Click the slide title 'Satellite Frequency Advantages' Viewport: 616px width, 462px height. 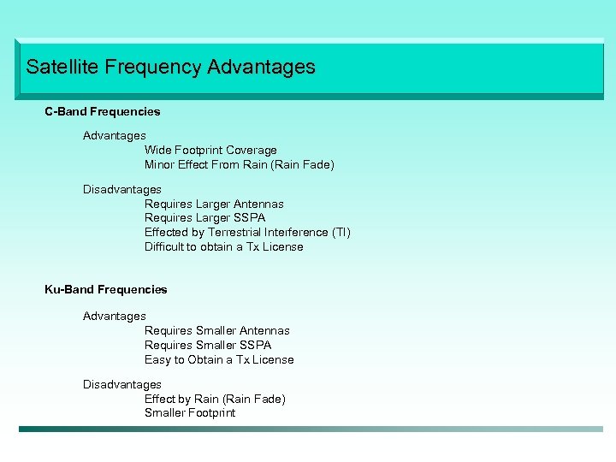[170, 67]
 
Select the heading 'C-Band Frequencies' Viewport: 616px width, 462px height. [103, 111]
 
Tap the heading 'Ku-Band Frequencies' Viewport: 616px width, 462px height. [106, 289]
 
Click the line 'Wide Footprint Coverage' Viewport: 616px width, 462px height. [210, 151]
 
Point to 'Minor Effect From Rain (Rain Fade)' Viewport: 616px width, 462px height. [240, 164]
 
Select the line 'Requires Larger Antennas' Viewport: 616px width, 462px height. [214, 204]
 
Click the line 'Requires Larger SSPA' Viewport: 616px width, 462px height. [205, 218]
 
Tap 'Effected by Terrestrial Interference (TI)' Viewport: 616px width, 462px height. [247, 232]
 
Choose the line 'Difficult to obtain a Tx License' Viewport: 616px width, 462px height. [224, 246]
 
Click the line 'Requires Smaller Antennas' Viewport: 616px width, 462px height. [217, 330]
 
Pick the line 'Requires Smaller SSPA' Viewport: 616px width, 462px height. [208, 345]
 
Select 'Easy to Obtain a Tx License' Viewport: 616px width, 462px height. [219, 359]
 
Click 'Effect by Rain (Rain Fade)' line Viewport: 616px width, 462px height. [215, 399]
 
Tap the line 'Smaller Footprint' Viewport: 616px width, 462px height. [190, 412]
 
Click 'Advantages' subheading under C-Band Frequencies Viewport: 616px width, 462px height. [115, 135]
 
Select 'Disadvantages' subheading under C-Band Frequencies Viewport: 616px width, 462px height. [122, 189]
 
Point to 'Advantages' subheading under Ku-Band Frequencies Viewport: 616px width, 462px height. [115, 316]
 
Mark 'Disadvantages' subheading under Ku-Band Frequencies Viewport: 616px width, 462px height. [122, 384]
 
